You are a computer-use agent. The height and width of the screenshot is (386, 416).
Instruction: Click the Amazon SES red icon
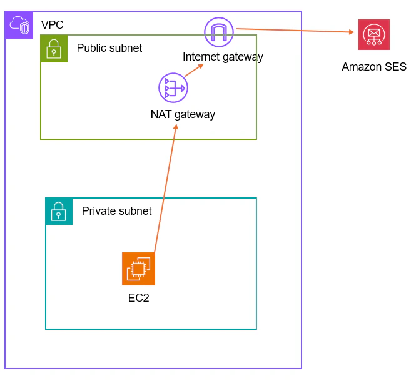click(373, 34)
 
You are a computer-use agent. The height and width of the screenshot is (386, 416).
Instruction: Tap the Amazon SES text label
click(373, 67)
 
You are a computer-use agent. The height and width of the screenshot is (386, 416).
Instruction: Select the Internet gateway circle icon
click(218, 32)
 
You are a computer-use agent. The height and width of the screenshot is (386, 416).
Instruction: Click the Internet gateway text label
click(223, 57)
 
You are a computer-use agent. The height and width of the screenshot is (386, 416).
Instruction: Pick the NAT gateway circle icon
click(173, 88)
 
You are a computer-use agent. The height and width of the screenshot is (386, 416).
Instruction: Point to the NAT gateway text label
click(183, 114)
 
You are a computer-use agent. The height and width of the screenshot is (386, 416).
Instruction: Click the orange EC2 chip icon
click(138, 269)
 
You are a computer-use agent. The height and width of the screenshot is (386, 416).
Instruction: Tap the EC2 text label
click(138, 298)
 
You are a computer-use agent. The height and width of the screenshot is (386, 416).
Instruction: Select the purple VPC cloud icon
click(19, 25)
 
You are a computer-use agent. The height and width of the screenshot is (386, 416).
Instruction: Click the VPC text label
click(52, 25)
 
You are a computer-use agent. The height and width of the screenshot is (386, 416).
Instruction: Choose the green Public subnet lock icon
click(54, 48)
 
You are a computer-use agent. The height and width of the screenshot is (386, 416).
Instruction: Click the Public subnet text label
click(109, 48)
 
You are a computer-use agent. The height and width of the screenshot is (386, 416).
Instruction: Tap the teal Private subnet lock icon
click(59, 211)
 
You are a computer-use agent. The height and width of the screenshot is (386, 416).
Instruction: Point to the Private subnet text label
click(116, 211)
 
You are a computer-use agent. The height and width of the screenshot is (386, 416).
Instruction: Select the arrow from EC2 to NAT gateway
click(165, 191)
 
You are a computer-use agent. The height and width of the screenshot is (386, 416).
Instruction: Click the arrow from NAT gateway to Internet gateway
click(194, 70)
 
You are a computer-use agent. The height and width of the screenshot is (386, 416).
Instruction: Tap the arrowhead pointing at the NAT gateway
click(176, 127)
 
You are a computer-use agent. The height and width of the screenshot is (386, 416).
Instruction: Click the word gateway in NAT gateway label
click(195, 114)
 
